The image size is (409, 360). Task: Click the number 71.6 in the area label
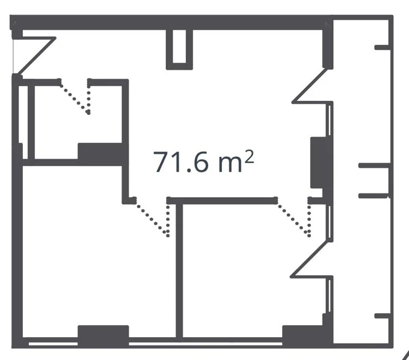pyautogui.click(x=181, y=162)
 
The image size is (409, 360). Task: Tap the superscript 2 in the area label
pyautogui.click(x=250, y=156)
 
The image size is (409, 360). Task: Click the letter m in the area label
pyautogui.click(x=230, y=165)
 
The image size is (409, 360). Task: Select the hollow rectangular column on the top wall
pyautogui.click(x=179, y=49)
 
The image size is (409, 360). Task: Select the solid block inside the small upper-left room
pyautogui.click(x=100, y=154)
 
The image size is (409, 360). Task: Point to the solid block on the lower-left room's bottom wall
pyautogui.click(x=103, y=336)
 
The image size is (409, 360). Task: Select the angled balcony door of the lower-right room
pyautogui.click(x=310, y=260)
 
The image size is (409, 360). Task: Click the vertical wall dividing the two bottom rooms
pyautogui.click(x=179, y=270)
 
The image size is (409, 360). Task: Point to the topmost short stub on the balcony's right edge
pyautogui.click(x=383, y=47)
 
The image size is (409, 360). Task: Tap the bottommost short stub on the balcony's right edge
pyautogui.click(x=383, y=316)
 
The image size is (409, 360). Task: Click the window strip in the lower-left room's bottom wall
pyautogui.click(x=53, y=344)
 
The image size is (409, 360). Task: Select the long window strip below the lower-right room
pyautogui.click(x=206, y=344)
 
